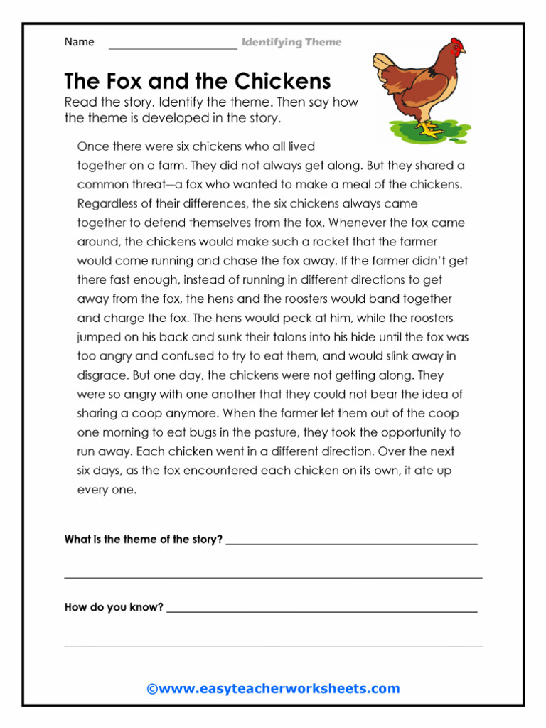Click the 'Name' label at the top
pyautogui.click(x=79, y=42)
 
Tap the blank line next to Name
pyautogui.click(x=172, y=47)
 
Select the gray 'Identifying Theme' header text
pyautogui.click(x=291, y=43)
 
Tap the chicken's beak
pyautogui.click(x=463, y=52)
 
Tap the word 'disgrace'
pyautogui.click(x=102, y=375)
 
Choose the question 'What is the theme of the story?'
pyautogui.click(x=144, y=540)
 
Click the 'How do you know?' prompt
pyautogui.click(x=114, y=608)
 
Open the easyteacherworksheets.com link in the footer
pyautogui.click(x=273, y=688)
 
